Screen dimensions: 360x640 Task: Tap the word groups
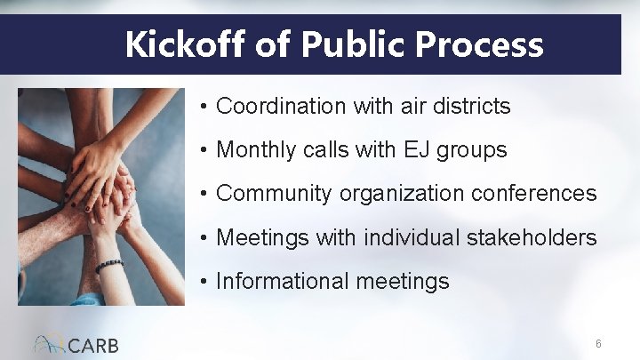point(474,151)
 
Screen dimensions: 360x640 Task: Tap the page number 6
point(599,344)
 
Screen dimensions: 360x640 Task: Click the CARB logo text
point(92,345)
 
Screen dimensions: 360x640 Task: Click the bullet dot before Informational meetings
point(204,283)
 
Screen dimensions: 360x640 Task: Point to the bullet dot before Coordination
point(204,108)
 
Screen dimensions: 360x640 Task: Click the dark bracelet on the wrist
point(109,265)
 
